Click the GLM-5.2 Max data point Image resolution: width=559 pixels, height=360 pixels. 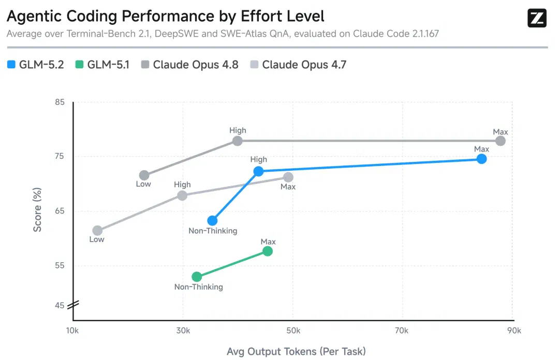click(481, 159)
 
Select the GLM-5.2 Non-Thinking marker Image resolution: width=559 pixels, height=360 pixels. click(212, 221)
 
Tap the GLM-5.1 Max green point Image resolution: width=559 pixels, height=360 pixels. click(268, 251)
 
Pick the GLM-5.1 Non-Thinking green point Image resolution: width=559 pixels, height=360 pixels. click(197, 277)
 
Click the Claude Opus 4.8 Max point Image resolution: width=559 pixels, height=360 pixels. click(500, 141)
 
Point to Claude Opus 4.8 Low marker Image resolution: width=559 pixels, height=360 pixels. click(144, 175)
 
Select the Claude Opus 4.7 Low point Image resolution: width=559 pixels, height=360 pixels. click(97, 231)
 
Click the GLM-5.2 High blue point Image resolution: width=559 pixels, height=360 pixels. click(258, 171)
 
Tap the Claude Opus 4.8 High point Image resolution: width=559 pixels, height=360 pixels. click(238, 141)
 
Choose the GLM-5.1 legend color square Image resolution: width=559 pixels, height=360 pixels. click(80, 65)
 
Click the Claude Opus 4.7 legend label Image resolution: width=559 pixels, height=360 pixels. click(304, 65)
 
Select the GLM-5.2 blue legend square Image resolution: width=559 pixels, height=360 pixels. click(11, 65)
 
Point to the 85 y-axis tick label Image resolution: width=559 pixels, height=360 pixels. click(60, 102)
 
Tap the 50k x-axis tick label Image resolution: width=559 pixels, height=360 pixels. click(293, 331)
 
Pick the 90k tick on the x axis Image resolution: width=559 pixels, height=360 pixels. click(514, 331)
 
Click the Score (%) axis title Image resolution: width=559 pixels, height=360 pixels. click(37, 209)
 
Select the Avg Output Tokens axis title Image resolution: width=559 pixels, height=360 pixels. click(296, 351)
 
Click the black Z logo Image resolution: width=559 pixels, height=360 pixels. click(537, 18)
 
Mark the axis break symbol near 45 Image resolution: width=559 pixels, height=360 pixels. click(73, 305)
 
